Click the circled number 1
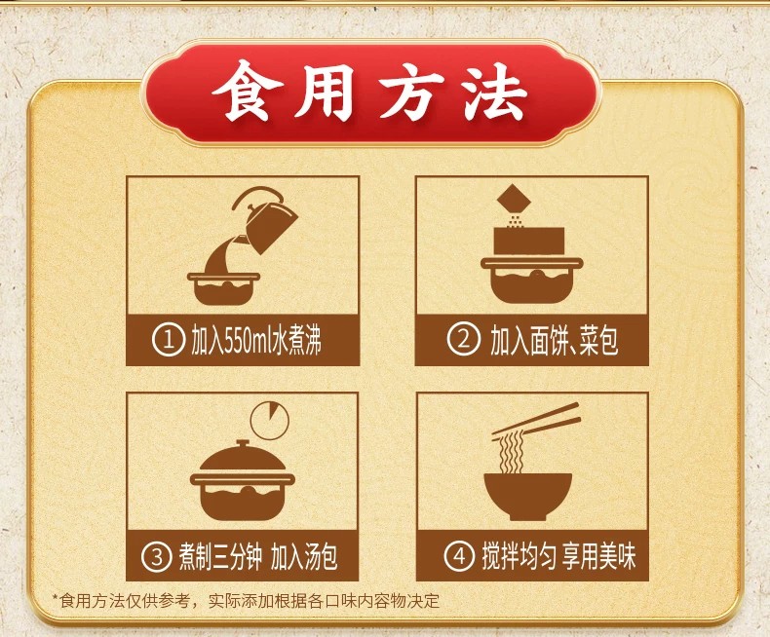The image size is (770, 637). [x=168, y=341]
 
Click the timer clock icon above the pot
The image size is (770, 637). [x=270, y=420]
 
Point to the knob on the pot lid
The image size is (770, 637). [x=240, y=444]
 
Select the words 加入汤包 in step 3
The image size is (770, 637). [x=304, y=557]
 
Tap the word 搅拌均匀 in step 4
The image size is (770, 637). [x=519, y=556]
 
